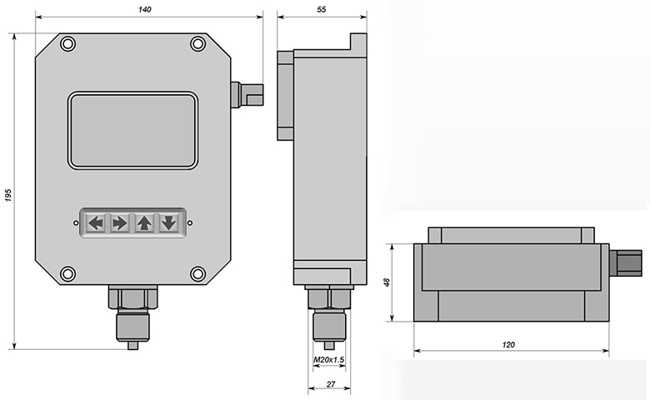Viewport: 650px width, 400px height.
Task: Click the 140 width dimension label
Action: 145,9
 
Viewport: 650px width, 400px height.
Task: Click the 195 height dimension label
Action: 8,195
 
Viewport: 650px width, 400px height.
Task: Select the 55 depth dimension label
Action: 322,9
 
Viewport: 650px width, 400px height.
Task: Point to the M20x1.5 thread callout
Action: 328,360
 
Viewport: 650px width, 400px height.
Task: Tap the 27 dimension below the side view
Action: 330,384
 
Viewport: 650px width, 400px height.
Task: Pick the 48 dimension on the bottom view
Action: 387,282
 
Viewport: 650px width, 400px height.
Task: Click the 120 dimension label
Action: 508,344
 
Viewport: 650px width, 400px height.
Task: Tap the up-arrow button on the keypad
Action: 144,223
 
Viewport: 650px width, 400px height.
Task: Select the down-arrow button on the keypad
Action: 168,223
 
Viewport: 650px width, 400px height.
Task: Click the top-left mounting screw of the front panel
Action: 68,43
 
